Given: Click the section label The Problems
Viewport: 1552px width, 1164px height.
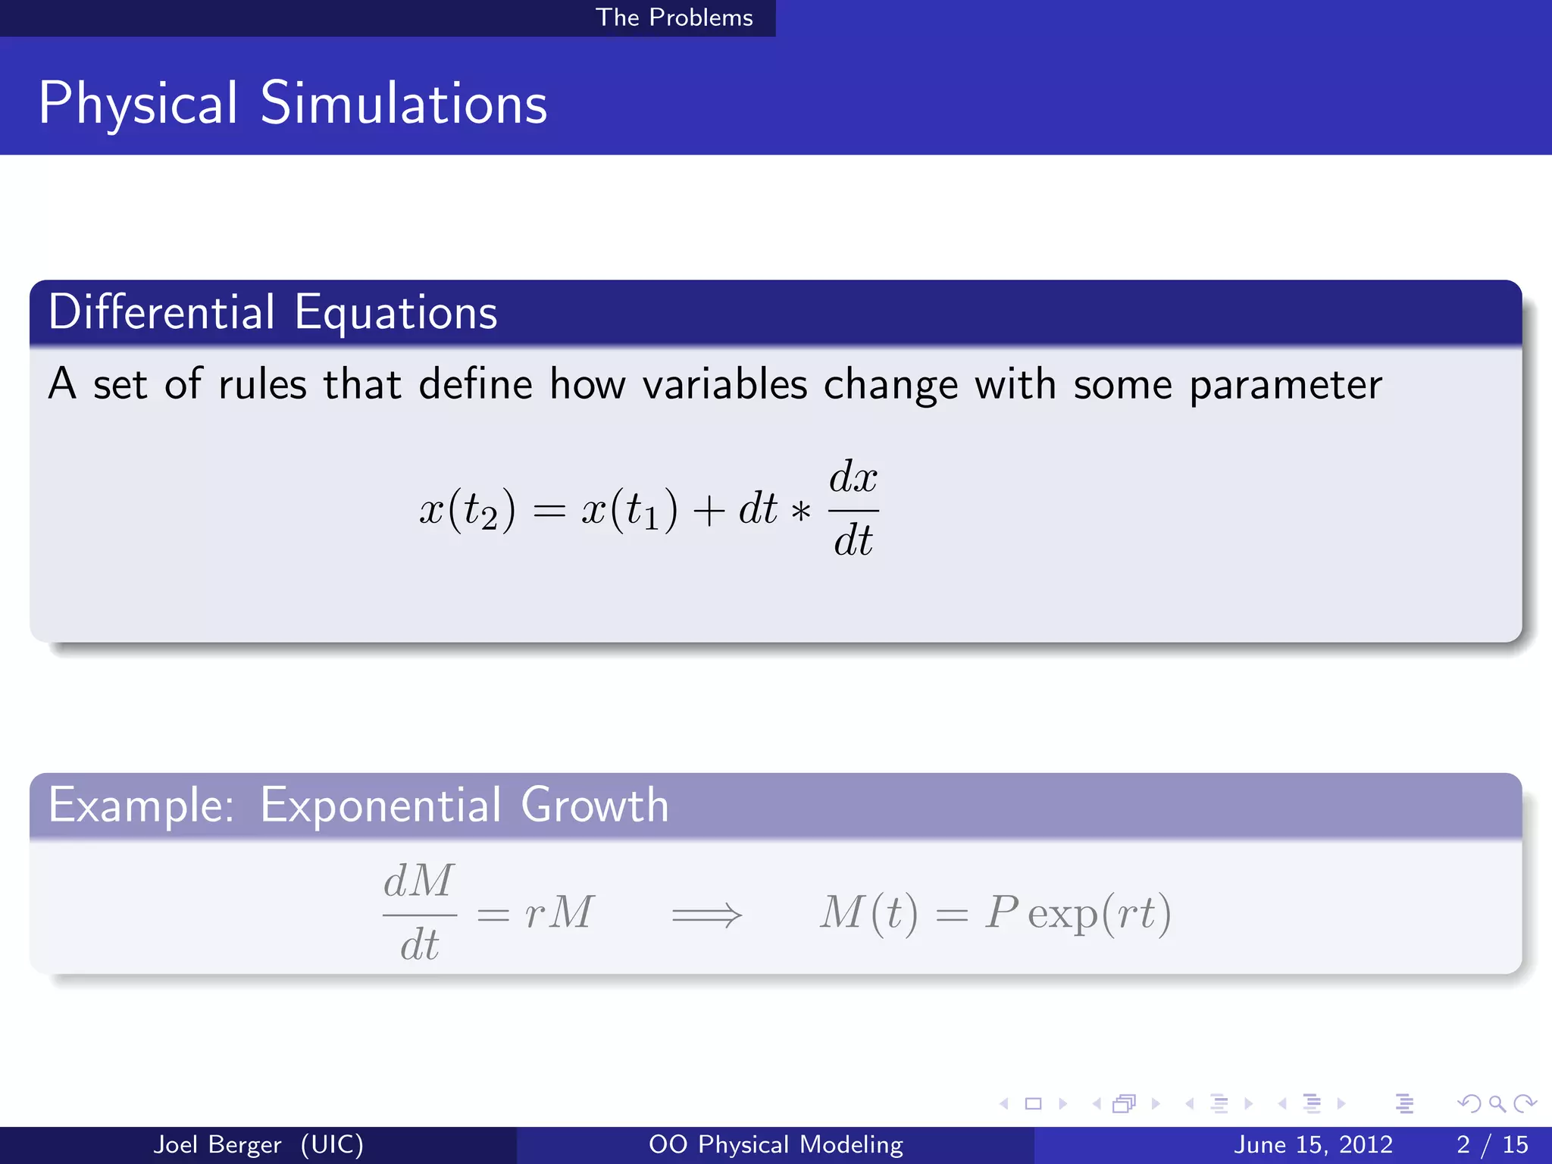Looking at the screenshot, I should (x=674, y=17).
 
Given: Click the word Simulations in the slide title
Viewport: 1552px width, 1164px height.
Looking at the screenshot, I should (x=403, y=104).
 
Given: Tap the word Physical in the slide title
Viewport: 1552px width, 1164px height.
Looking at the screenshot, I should (x=138, y=104).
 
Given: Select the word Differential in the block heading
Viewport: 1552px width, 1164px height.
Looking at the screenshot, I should (x=161, y=312).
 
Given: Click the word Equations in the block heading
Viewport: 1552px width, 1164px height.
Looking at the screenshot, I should (x=396, y=312).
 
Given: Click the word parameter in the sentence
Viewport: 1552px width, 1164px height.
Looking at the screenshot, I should (x=1285, y=385).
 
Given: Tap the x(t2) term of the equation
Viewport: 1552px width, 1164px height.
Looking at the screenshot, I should (x=468, y=509).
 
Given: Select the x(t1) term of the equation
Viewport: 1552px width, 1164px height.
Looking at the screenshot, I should (x=629, y=509).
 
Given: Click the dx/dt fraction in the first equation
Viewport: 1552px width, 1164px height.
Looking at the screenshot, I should (x=853, y=508).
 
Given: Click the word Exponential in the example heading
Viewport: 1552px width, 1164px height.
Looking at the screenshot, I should (x=380, y=805).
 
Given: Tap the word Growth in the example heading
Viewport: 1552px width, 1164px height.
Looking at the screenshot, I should (x=595, y=805).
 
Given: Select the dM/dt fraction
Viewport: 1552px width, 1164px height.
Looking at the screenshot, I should (x=419, y=913).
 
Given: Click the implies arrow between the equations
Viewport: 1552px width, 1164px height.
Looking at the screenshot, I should (x=706, y=915).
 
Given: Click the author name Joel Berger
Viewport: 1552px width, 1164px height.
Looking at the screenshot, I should (x=217, y=1144).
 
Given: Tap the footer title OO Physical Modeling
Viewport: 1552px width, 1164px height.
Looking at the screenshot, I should (x=775, y=1144).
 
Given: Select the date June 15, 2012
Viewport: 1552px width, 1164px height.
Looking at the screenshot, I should (x=1313, y=1144).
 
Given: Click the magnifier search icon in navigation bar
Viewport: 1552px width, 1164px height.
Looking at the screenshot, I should (x=1497, y=1103).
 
